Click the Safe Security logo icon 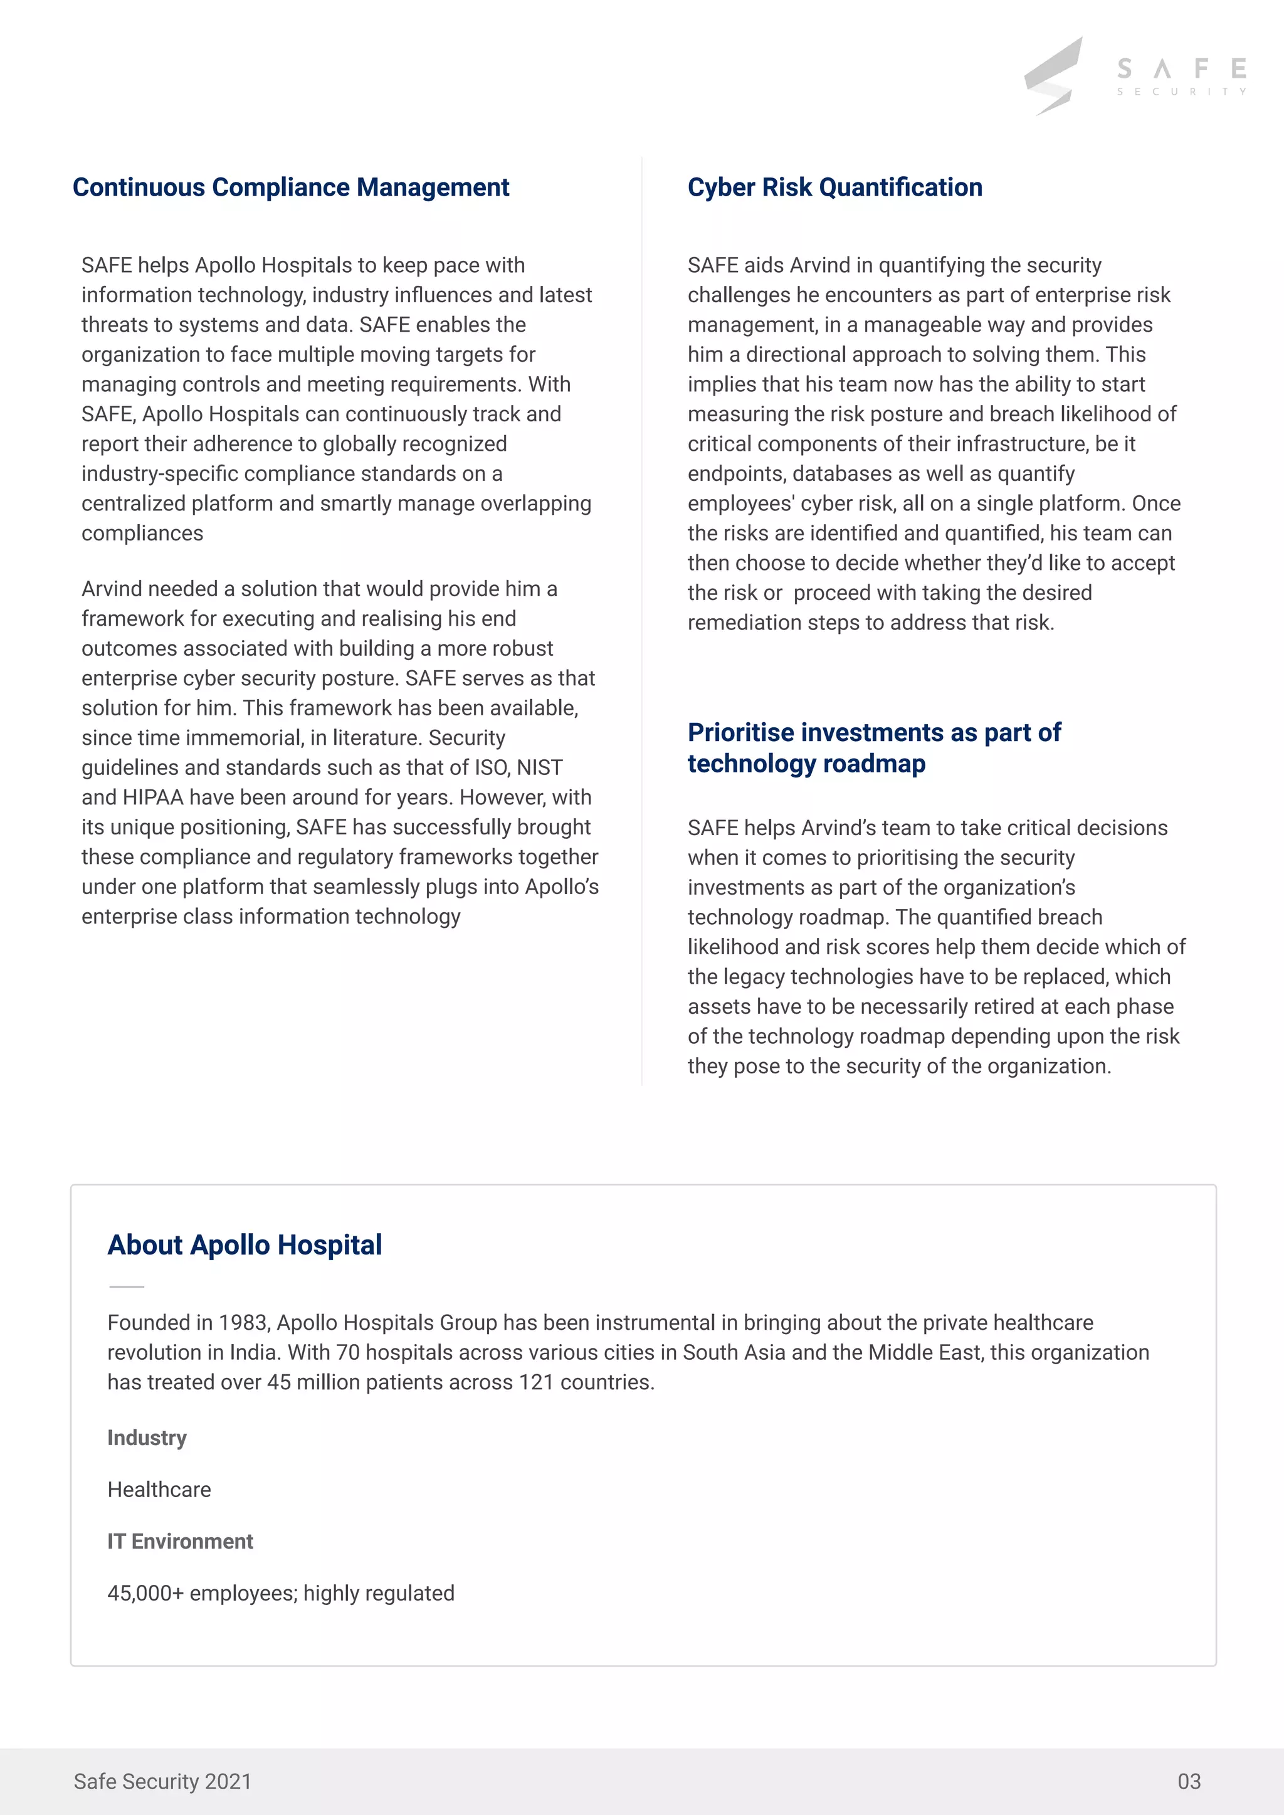coord(1054,76)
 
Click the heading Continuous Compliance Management coord(290,187)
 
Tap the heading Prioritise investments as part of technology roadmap coord(873,748)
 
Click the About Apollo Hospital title coord(245,1245)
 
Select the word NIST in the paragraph coord(539,767)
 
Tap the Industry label coord(147,1438)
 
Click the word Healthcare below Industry coord(159,1490)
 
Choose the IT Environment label coord(181,1542)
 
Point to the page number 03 coord(1188,1781)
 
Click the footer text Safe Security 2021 coord(162,1781)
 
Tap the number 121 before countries coord(536,1382)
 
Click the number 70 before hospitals coord(348,1352)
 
